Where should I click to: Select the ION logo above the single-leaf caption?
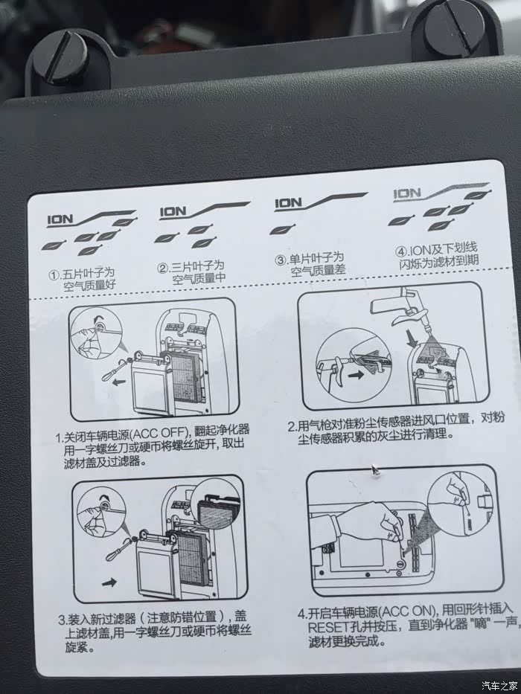(288, 203)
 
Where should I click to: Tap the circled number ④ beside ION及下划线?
(401, 252)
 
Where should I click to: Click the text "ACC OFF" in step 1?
(157, 432)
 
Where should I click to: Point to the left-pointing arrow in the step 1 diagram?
(117, 382)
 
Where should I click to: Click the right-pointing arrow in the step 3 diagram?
(110, 582)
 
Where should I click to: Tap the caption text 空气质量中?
(199, 279)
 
